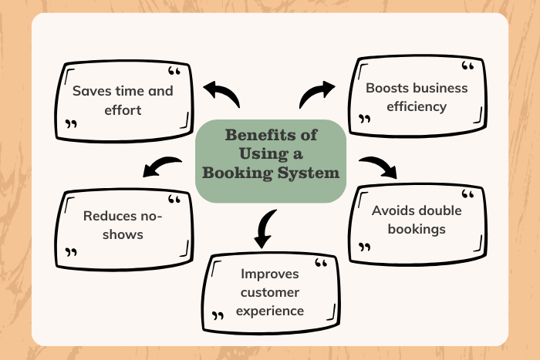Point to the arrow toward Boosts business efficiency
pos(316,93)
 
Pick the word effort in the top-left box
pos(123,109)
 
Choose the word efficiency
pos(418,106)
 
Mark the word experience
pos(271,311)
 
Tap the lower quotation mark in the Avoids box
pos(364,247)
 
